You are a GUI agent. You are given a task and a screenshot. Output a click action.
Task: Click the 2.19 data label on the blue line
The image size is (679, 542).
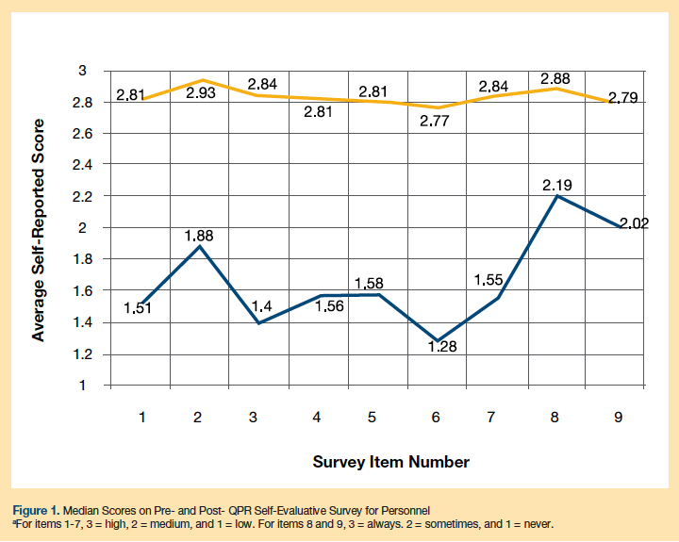point(558,186)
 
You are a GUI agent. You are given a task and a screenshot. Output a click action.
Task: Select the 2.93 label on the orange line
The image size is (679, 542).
point(199,93)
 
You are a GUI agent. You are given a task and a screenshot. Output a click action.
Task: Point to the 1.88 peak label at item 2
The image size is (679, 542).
point(199,236)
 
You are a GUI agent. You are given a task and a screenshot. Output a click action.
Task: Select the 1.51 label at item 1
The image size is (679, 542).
point(138,307)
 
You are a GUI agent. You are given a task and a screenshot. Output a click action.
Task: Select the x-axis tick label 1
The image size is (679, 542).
point(141,418)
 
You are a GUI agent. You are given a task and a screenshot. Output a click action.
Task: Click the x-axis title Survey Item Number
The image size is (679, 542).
point(390,462)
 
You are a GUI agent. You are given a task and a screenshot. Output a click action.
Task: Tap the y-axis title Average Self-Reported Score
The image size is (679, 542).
point(39,229)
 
